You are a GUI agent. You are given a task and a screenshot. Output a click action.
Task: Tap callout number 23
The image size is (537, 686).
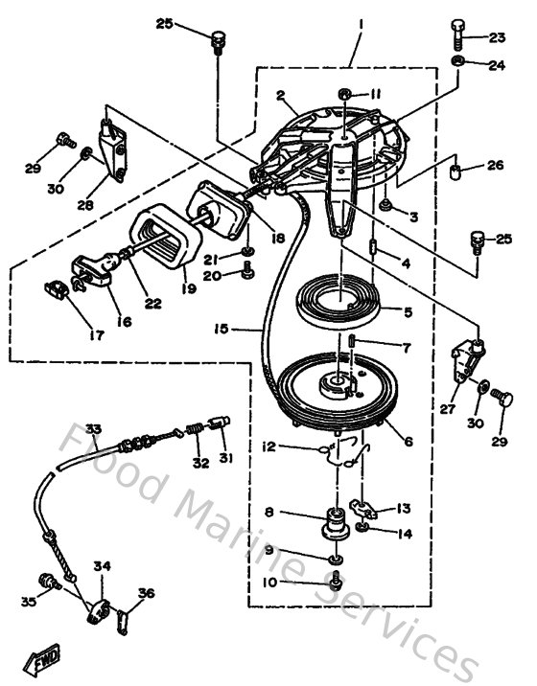coord(497,38)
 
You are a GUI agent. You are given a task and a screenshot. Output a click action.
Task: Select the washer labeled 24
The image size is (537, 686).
coord(458,64)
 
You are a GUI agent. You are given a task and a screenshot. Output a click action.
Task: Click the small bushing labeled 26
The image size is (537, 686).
coord(457,174)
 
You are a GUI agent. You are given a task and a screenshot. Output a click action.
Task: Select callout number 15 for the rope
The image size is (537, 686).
coord(221,328)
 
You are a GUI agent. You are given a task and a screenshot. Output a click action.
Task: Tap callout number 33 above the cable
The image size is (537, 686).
coord(93,428)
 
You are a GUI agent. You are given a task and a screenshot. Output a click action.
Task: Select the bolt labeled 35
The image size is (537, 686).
coord(43,581)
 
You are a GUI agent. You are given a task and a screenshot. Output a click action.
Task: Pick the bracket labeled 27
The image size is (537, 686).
coord(468,358)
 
